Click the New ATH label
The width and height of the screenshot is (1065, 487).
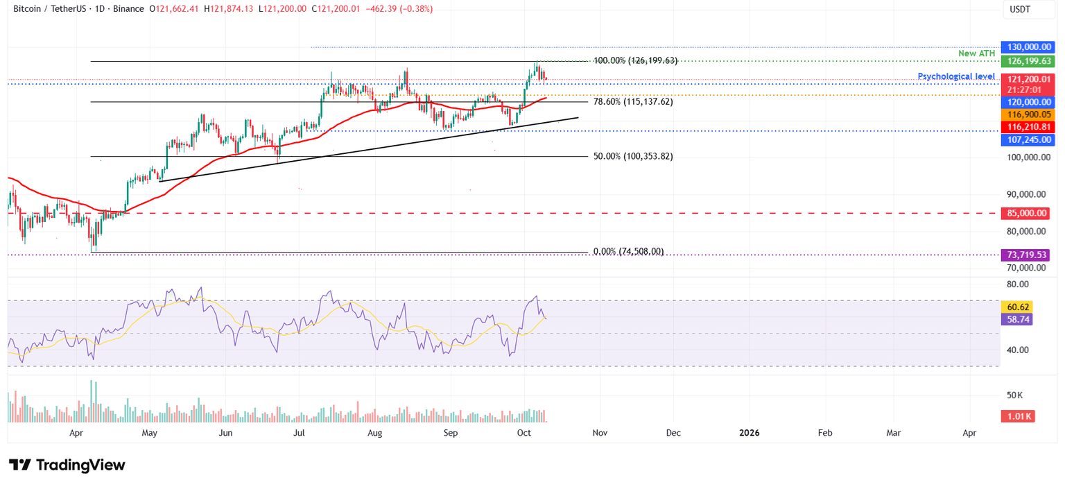(x=976, y=53)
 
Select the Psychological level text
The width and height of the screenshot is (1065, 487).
(x=956, y=76)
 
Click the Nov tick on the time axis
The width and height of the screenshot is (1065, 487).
(x=600, y=433)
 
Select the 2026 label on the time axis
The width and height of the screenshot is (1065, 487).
(x=749, y=433)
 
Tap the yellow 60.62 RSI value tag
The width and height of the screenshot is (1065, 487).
(x=1017, y=307)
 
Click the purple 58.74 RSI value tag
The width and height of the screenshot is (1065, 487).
(x=1017, y=320)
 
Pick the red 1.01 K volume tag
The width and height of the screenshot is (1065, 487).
(x=1017, y=416)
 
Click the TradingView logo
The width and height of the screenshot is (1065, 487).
(x=67, y=465)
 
